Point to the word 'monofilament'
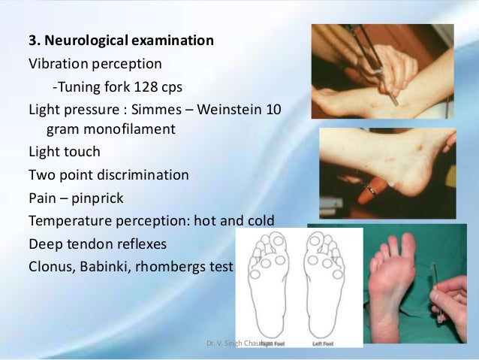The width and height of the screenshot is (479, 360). tap(131, 129)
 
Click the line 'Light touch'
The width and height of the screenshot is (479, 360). tap(63, 152)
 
